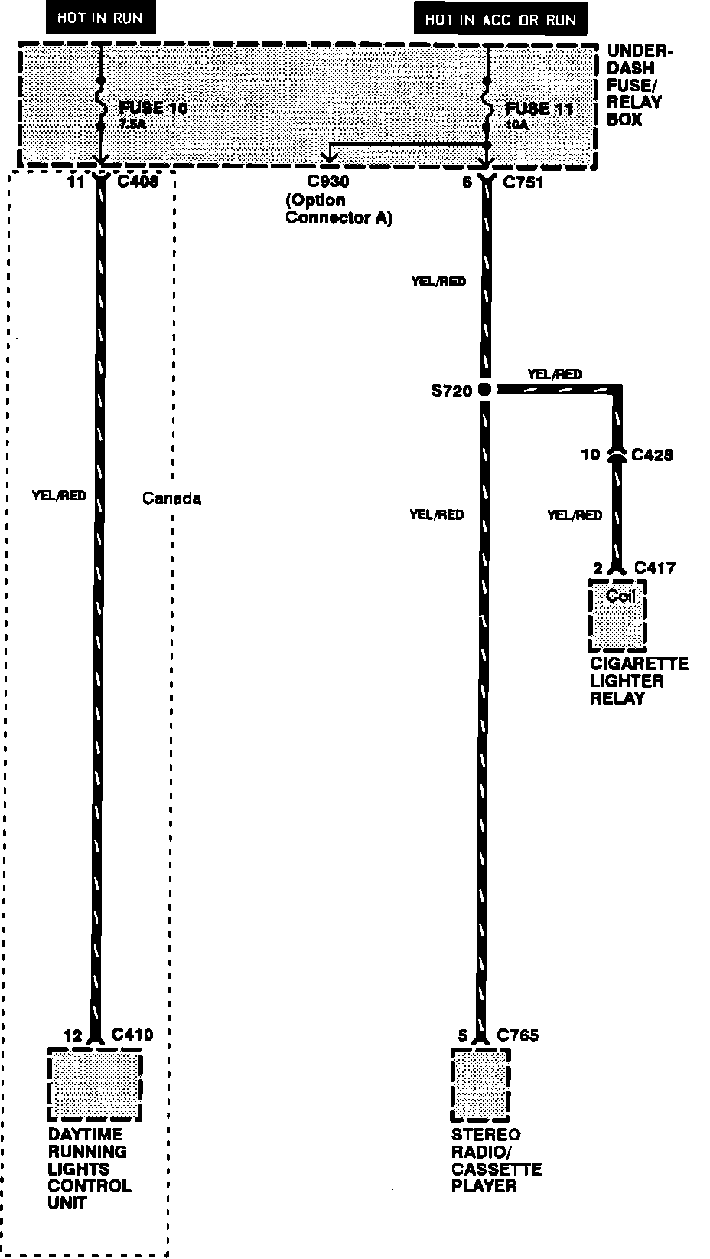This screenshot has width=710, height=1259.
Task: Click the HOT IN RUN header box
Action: (99, 18)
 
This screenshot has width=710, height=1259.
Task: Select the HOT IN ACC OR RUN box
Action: (500, 18)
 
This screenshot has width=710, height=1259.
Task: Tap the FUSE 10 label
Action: (153, 108)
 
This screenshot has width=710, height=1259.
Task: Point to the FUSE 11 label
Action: (539, 108)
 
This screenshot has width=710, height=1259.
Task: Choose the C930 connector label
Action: (327, 182)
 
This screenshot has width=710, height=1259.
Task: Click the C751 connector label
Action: (523, 182)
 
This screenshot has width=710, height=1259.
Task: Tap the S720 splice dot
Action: (484, 390)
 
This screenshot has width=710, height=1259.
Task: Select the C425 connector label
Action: (652, 455)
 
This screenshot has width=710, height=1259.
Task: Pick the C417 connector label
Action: (654, 567)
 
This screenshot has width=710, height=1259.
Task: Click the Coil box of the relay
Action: (617, 613)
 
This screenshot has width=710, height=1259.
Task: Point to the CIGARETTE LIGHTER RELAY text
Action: (638, 681)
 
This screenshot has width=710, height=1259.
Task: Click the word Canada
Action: (172, 499)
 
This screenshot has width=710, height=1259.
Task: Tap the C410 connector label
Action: (132, 1035)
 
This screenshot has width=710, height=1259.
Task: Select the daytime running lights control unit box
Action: (95, 1087)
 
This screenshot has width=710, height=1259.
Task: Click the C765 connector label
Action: (518, 1035)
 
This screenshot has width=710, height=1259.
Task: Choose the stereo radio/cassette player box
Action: (480, 1086)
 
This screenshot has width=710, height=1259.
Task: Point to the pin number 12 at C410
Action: (73, 1035)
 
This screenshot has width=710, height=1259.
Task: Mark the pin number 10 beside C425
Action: (590, 455)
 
